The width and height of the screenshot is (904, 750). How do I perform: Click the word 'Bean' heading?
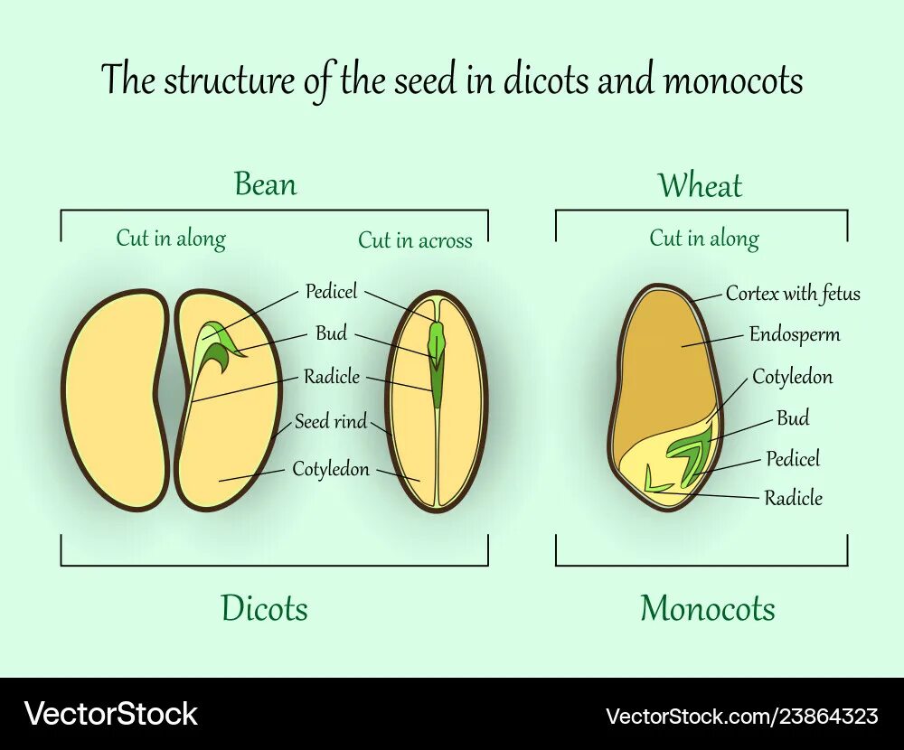[265, 184]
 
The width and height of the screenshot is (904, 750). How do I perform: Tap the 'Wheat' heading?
[700, 186]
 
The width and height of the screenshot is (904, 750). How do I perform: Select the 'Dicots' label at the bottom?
[264, 608]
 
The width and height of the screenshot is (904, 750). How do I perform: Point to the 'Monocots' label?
[708, 608]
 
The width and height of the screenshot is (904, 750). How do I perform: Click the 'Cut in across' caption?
[415, 240]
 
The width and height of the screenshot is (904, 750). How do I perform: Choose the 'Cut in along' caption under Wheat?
[703, 239]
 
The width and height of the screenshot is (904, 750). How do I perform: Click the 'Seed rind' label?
[331, 422]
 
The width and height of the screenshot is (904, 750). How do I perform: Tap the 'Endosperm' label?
[794, 334]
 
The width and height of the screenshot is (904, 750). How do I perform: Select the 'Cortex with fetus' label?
[793, 294]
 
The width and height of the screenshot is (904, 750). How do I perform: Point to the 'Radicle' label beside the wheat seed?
[793, 498]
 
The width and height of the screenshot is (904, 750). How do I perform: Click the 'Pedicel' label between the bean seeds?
[331, 291]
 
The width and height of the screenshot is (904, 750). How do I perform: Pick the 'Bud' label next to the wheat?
[793, 418]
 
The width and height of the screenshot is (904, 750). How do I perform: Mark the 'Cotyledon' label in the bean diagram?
[330, 469]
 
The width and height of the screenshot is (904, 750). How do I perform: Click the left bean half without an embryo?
[115, 400]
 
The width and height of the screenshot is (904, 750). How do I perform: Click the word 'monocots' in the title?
[733, 80]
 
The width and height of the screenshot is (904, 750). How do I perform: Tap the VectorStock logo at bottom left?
[110, 714]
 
